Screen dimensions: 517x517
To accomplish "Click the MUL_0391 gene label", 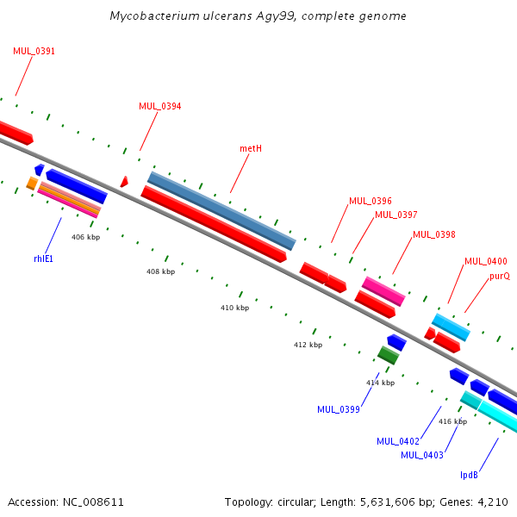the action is (34, 51).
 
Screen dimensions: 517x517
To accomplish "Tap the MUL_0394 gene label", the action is (160, 106).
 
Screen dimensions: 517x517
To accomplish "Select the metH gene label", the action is (251, 148).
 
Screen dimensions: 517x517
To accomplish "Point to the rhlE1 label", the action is (44, 258).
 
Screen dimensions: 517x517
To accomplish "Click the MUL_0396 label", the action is (371, 201).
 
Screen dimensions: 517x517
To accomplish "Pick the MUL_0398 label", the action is (434, 234).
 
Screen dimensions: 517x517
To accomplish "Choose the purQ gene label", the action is (500, 277).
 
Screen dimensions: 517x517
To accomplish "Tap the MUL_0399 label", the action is (339, 409).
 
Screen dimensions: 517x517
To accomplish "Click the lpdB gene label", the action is (469, 475).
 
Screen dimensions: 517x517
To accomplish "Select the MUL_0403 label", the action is (422, 455).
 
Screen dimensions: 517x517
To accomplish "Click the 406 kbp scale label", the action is (85, 237).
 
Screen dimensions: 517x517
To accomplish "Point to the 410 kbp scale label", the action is (234, 308).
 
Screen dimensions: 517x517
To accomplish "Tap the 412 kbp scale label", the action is (308, 345).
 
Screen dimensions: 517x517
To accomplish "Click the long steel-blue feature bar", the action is (221, 211).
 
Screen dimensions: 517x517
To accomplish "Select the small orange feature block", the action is (32, 184).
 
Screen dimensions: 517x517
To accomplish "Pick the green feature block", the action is (388, 355).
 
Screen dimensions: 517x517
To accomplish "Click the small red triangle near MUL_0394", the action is (124, 182).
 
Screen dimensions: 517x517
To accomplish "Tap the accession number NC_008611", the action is (93, 502).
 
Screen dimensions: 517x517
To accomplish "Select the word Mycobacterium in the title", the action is (154, 16).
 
